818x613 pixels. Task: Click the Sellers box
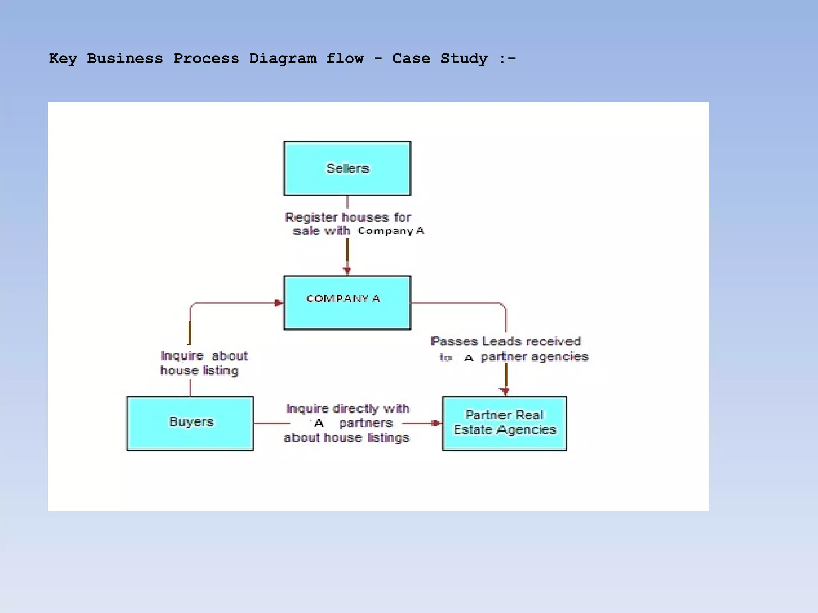click(x=347, y=168)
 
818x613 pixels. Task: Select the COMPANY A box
click(x=347, y=303)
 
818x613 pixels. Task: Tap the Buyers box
click(x=190, y=423)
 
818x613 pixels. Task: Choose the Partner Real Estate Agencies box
click(x=504, y=423)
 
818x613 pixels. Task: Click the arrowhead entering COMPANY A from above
click(x=347, y=271)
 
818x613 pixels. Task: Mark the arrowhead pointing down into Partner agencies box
click(x=505, y=391)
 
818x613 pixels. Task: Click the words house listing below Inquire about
click(x=199, y=370)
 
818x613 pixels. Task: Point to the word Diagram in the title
click(x=282, y=59)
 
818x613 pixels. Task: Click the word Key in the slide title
click(x=63, y=59)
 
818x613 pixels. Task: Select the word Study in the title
click(x=464, y=59)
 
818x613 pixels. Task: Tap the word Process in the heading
click(x=206, y=59)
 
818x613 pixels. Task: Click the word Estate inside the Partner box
click(x=472, y=430)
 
